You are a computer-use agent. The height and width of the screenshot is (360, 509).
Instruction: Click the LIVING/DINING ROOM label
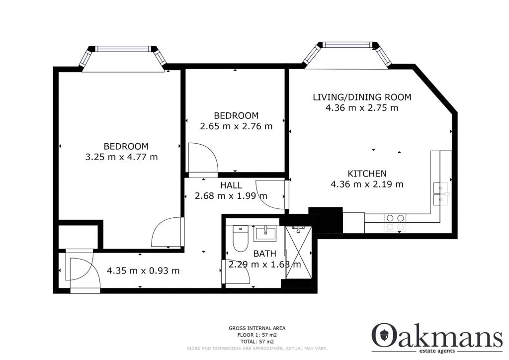point(362,97)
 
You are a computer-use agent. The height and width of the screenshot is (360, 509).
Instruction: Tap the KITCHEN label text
point(367,174)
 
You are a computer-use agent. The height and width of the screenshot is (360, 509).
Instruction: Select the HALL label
point(232,185)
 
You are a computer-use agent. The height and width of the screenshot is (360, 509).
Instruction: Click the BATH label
point(264,254)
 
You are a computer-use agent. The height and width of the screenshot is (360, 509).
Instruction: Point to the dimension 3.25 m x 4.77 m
point(122,157)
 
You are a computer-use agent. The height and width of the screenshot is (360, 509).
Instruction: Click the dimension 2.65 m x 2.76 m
point(236,126)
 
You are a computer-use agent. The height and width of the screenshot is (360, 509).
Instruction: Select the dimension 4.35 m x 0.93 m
point(143,271)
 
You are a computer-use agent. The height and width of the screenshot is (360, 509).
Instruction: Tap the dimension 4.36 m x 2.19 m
point(367,184)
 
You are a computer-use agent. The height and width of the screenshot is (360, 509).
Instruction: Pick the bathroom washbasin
point(265,233)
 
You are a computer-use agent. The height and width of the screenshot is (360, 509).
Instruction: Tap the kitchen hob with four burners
point(395,222)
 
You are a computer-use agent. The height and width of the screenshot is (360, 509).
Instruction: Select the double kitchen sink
point(441,193)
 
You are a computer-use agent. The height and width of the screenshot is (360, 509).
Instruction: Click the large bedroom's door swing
point(167,233)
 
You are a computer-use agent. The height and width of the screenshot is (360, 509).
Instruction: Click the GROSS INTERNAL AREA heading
point(256,328)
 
